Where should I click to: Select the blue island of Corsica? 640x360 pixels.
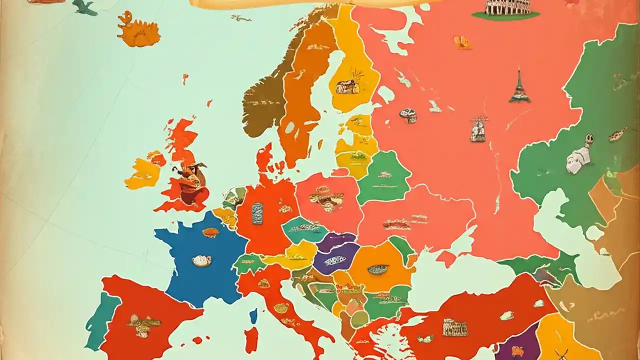tap(253, 316)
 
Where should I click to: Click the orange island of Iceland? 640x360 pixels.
tap(138, 30)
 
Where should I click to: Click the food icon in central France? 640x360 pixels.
tap(201, 260)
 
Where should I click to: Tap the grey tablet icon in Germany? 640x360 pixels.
tap(257, 213)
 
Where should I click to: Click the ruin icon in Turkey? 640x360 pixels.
tap(454, 327)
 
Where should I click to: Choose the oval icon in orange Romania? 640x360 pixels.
tap(378, 269)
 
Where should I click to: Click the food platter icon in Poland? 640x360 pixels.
tap(326, 199)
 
